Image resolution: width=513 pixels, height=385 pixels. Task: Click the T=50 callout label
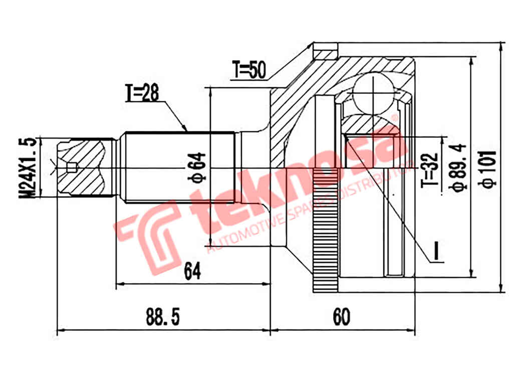pos(248,70)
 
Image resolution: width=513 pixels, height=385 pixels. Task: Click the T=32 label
pos(432,170)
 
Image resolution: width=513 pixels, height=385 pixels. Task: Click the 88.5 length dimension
pos(163,317)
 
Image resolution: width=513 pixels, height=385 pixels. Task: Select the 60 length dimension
pos(341,317)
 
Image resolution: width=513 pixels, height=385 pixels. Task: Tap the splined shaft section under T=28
pos(179,167)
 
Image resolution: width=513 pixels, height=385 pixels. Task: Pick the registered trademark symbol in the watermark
pos(394,118)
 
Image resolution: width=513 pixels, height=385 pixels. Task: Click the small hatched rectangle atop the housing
pos(325,54)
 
